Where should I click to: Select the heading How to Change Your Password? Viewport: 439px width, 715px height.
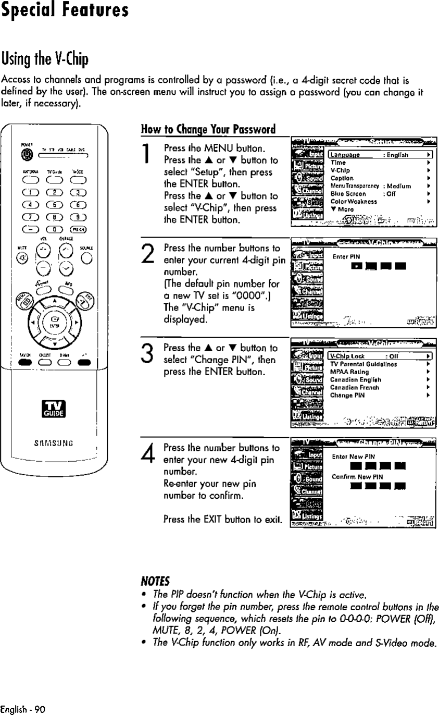pyautogui.click(x=209, y=129)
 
